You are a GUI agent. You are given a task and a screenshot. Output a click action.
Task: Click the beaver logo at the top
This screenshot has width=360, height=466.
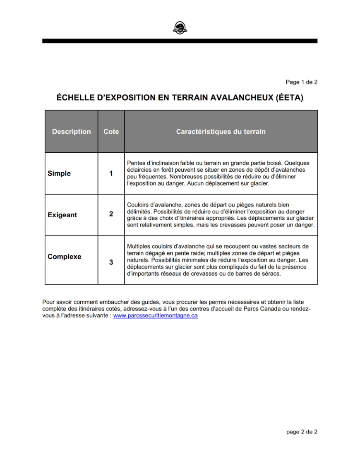180,28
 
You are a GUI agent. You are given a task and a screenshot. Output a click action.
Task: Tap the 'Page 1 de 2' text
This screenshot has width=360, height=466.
301,82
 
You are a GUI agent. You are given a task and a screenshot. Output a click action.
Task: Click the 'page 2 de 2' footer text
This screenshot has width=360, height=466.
302,432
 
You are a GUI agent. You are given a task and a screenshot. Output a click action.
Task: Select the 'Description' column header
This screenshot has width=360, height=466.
71,132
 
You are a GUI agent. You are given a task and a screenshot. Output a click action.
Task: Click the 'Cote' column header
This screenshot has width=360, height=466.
111,132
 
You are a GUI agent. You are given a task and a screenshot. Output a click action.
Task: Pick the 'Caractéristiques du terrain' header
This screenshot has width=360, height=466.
221,132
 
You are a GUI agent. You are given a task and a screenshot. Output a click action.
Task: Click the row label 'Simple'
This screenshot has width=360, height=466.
59,173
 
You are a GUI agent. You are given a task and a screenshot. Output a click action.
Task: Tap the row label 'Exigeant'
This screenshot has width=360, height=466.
62,215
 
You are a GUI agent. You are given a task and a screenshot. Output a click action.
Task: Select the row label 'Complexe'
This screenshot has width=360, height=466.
64,257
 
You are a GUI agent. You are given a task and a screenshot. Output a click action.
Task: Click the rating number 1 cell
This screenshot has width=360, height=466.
111,173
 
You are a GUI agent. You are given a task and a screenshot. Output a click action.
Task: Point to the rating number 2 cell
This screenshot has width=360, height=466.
111,214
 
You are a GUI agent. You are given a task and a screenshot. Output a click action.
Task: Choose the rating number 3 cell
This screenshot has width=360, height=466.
111,262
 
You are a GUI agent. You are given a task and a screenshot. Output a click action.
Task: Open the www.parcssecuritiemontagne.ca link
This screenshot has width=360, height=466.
155,315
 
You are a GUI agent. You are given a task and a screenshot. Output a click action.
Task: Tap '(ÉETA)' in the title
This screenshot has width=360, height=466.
289,98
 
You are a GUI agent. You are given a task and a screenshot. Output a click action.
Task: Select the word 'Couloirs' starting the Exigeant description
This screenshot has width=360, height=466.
139,204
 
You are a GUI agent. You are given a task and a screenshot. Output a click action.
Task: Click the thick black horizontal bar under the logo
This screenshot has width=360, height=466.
180,41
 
